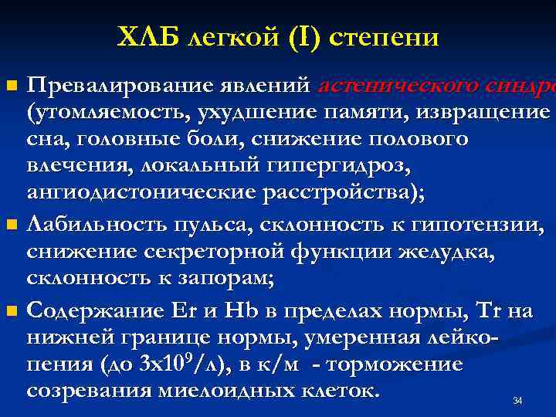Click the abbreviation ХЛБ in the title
[x=147, y=36]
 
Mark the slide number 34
[x=517, y=401]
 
